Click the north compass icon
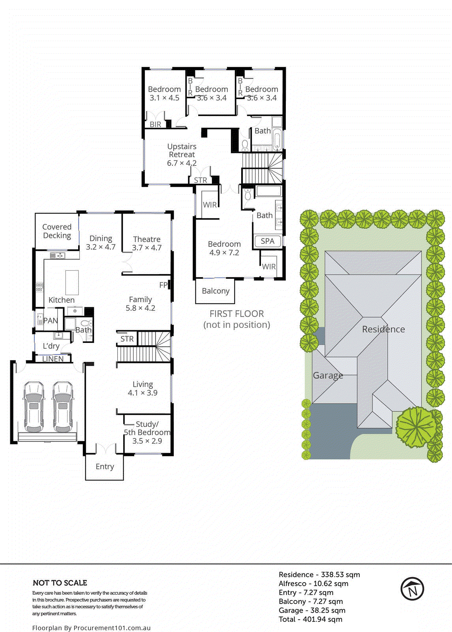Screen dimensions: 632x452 click(412, 589)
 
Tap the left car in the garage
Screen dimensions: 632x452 click(34, 407)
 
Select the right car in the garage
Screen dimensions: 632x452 click(63, 407)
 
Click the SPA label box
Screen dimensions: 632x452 click(268, 241)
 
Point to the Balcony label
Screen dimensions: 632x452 click(216, 291)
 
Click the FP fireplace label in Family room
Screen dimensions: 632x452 click(163, 285)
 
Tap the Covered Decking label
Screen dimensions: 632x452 click(57, 231)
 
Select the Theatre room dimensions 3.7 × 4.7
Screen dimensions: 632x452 click(146, 248)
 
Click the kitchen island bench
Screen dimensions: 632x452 click(72, 282)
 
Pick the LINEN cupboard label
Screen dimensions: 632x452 click(53, 359)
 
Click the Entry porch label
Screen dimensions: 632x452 click(105, 466)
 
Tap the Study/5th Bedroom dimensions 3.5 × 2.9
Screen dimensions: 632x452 click(147, 441)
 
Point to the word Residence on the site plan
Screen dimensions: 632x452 click(383, 329)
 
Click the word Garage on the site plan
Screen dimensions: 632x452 click(328, 375)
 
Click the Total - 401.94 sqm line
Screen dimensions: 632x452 click(310, 619)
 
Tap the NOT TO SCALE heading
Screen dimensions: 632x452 click(60, 583)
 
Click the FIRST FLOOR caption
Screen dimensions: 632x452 click(236, 314)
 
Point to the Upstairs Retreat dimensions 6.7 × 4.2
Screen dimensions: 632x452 click(182, 163)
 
